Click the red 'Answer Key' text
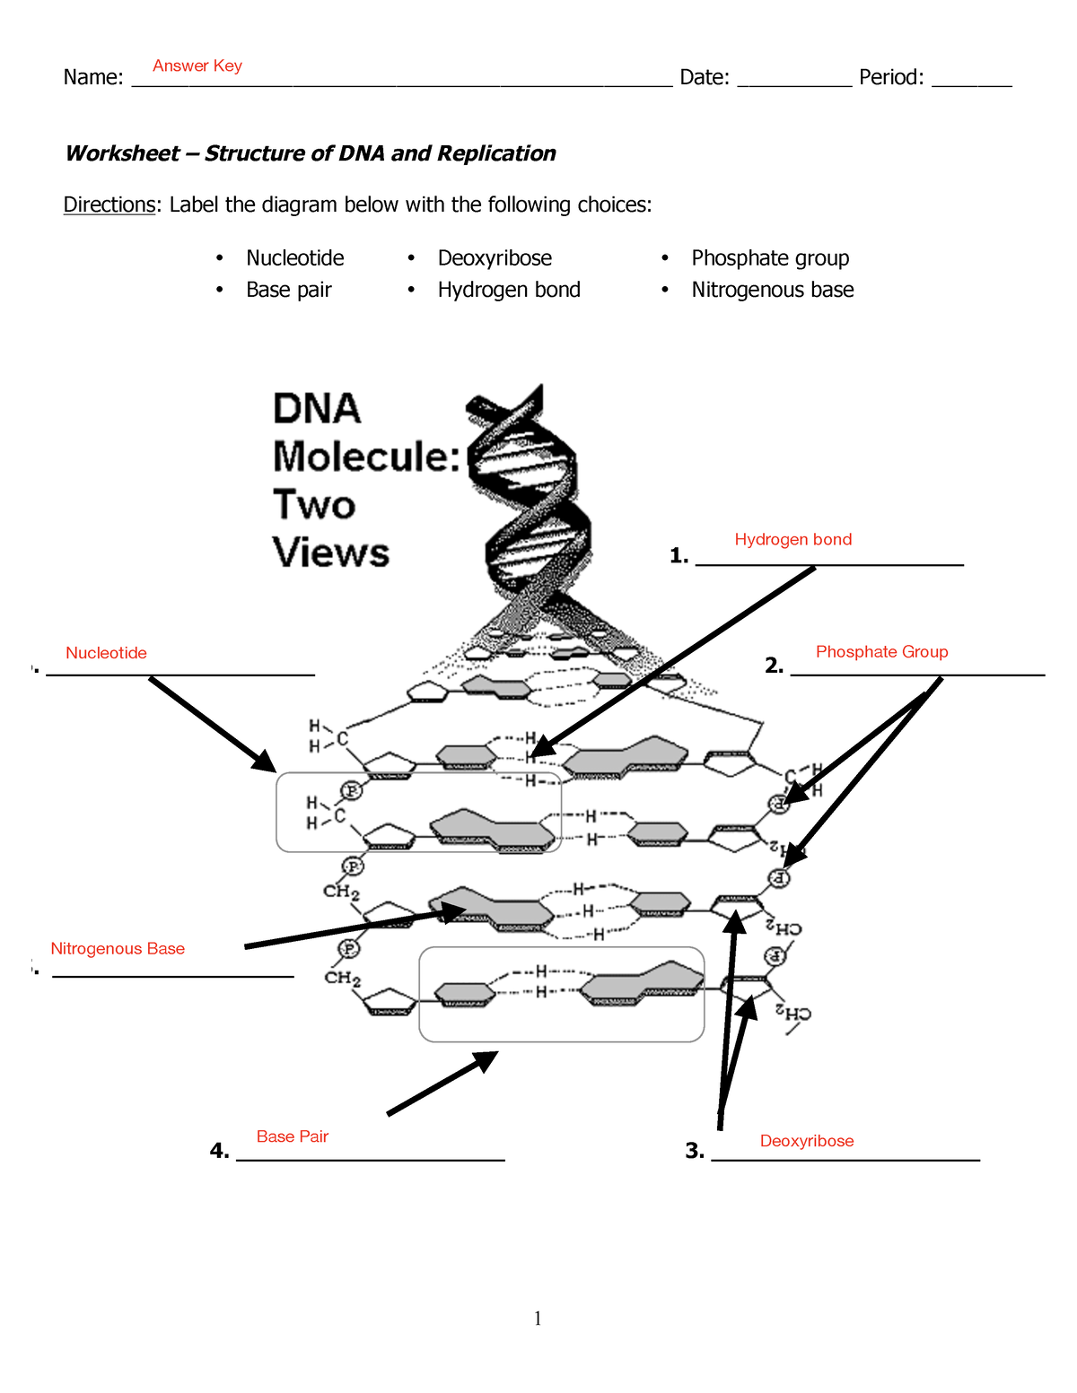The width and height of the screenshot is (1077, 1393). pyautogui.click(x=197, y=65)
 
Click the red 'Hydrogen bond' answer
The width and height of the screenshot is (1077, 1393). pyautogui.click(x=792, y=539)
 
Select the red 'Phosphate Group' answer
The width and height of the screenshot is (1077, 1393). pyautogui.click(x=881, y=651)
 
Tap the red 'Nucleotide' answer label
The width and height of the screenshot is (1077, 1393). pyautogui.click(x=106, y=653)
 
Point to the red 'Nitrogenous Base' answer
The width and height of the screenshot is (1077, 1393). pyautogui.click(x=118, y=948)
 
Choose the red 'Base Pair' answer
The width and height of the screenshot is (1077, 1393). pyautogui.click(x=293, y=1136)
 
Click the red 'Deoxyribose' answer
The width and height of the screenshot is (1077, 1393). pyautogui.click(x=807, y=1141)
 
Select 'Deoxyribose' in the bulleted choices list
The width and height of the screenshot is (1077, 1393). pyautogui.click(x=495, y=258)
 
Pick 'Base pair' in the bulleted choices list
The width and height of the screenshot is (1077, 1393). pyautogui.click(x=289, y=290)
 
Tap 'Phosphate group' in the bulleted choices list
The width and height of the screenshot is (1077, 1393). pyautogui.click(x=770, y=258)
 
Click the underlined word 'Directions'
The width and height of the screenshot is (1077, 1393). pyautogui.click(x=109, y=205)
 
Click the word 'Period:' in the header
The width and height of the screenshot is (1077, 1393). pyautogui.click(x=891, y=77)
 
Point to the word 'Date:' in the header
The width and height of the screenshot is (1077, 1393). pyautogui.click(x=705, y=77)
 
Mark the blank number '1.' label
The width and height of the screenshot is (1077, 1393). pyautogui.click(x=679, y=556)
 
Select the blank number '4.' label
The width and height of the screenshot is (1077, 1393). pyautogui.click(x=219, y=1151)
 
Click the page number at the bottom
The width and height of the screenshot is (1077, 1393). pyautogui.click(x=538, y=1318)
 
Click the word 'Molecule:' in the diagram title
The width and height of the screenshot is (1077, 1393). pyautogui.click(x=366, y=457)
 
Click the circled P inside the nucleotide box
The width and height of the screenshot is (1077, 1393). pyautogui.click(x=352, y=790)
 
